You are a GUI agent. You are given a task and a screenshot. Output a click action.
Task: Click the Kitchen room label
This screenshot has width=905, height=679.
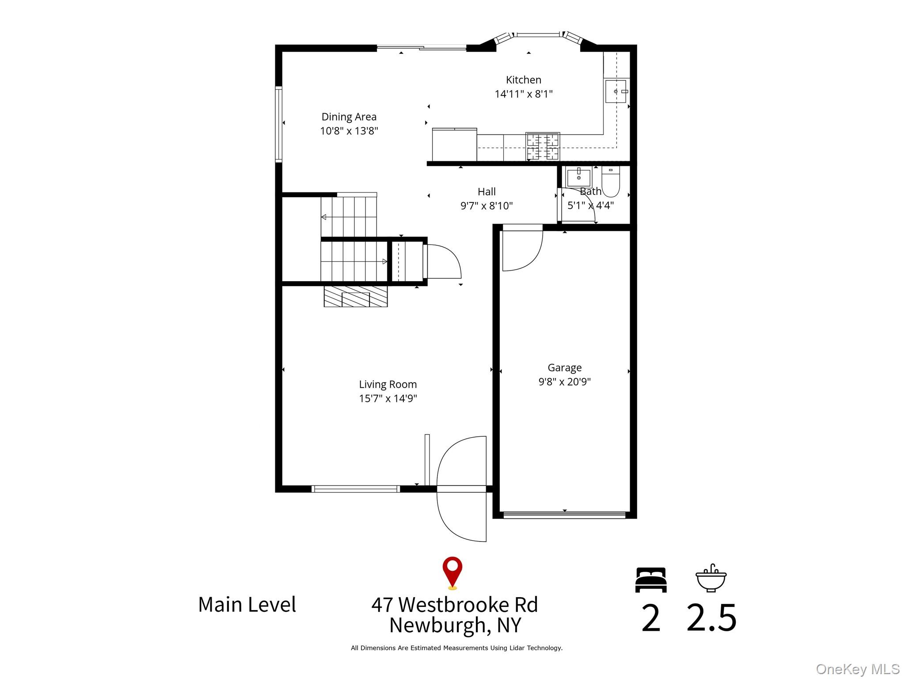pyautogui.click(x=523, y=80)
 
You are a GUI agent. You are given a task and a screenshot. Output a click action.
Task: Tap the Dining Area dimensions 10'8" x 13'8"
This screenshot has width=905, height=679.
pyautogui.click(x=349, y=131)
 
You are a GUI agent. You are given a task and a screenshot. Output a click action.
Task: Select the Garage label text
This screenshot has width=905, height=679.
pyautogui.click(x=564, y=368)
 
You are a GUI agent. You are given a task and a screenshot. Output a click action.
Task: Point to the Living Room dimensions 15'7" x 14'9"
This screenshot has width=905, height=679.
pyautogui.click(x=388, y=398)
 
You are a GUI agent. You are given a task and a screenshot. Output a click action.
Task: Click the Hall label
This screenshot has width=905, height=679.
pyautogui.click(x=487, y=192)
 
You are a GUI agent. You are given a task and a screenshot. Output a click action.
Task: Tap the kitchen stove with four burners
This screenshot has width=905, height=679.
pyautogui.click(x=543, y=147)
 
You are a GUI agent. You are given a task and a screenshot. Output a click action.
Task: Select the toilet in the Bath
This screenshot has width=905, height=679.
pyautogui.click(x=611, y=181)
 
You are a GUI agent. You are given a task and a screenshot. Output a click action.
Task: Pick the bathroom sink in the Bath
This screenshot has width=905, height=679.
pyautogui.click(x=578, y=177)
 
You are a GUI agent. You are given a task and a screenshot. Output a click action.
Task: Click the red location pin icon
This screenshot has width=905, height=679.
pyautogui.click(x=452, y=572)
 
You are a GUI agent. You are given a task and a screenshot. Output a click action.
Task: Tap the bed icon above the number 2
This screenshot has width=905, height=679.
pyautogui.click(x=651, y=580)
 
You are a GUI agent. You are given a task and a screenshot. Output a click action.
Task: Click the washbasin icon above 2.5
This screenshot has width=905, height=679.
pyautogui.click(x=711, y=578)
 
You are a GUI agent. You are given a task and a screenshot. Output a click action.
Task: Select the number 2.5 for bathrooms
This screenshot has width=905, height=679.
pyautogui.click(x=711, y=618)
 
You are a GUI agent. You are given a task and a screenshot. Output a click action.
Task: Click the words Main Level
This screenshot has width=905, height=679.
pyautogui.click(x=247, y=605)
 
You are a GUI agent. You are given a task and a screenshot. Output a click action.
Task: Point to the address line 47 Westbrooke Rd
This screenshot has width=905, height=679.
pyautogui.click(x=455, y=605)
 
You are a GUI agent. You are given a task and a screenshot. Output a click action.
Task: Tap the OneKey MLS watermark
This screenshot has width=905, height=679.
pyautogui.click(x=858, y=669)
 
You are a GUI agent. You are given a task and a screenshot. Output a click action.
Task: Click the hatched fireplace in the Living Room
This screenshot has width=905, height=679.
pyautogui.click(x=356, y=296)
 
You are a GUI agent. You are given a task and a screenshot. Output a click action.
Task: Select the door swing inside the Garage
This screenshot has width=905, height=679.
pyautogui.click(x=523, y=250)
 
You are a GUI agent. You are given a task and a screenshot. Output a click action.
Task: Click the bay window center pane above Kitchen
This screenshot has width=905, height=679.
pyautogui.click(x=538, y=34)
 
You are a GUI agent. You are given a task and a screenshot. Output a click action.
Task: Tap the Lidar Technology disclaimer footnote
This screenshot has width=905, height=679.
pyautogui.click(x=456, y=648)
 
